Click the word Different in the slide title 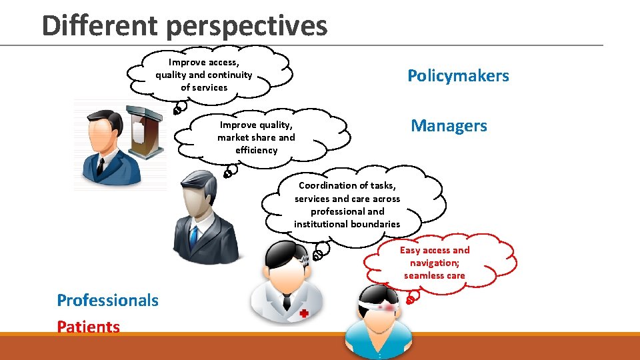click(x=101, y=25)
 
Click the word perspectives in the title click(x=247, y=27)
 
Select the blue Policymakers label click(x=458, y=76)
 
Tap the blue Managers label click(x=449, y=125)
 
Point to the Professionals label click(x=108, y=301)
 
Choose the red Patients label click(x=89, y=327)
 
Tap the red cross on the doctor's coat click(x=303, y=313)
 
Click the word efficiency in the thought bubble click(x=256, y=150)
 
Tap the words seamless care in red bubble click(x=434, y=275)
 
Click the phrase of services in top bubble click(x=204, y=87)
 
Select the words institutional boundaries click(x=347, y=224)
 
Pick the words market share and click(x=256, y=137)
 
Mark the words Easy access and click(x=434, y=250)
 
